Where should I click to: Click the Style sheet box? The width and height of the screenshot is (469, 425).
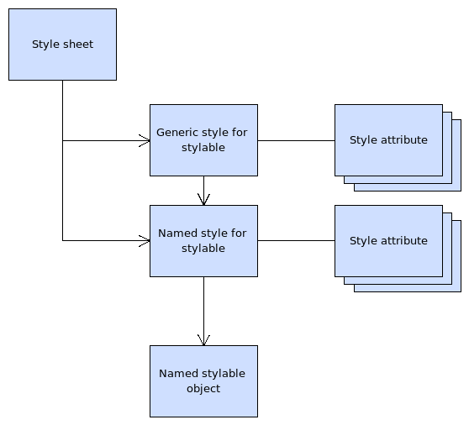point(62,45)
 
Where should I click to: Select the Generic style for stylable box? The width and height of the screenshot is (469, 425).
point(203,140)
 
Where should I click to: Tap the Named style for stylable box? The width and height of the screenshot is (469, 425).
point(203,241)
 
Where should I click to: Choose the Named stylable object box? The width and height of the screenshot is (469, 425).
point(203,380)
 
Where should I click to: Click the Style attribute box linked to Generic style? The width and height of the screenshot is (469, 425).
point(388,140)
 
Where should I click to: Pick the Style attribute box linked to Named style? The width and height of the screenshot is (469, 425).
point(388,241)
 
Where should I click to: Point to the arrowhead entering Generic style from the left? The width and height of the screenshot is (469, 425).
point(145,140)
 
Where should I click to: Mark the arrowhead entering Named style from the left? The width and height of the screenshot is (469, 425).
point(145,241)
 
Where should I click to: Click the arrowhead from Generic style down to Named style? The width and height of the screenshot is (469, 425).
point(203,200)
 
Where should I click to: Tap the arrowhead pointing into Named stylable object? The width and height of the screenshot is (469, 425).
point(203,339)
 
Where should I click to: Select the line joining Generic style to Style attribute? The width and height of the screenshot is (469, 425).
point(296,140)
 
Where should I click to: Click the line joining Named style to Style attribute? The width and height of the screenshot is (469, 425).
point(296,241)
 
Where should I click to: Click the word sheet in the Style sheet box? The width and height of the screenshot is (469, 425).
point(77,45)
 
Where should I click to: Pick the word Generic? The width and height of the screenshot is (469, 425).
point(177,133)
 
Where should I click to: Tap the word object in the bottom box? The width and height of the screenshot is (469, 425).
point(203,388)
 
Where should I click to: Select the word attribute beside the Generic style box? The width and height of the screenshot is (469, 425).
point(404,140)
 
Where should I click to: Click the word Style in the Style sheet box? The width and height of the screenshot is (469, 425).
point(45,45)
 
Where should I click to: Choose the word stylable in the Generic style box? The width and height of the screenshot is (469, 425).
point(203,148)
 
